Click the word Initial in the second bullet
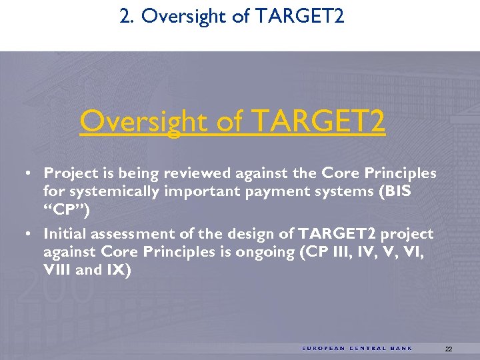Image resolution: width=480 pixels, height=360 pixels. (x=64, y=234)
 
